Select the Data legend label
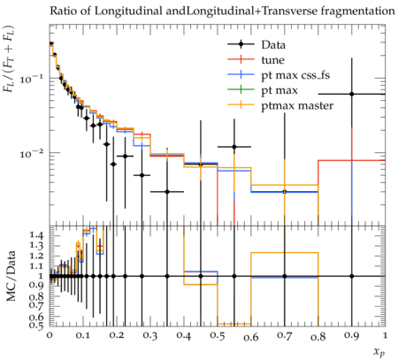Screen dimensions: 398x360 273,45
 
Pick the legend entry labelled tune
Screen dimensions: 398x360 272,60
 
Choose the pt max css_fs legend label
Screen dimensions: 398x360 295,75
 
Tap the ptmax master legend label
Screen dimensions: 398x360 297,105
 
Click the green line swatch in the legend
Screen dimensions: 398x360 241,89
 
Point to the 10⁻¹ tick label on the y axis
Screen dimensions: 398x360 32,79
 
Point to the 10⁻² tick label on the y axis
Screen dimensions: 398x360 32,153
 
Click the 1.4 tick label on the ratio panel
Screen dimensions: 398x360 36,235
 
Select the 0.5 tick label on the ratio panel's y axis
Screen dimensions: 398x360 36,326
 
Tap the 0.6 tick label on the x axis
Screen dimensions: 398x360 251,337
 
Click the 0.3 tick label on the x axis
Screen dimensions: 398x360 150,336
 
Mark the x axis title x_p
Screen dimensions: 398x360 379,352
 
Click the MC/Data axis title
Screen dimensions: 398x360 11,276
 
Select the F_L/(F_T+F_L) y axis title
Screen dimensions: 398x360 9,59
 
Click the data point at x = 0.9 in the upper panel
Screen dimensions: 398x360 352,94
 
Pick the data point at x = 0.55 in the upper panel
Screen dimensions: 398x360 234,147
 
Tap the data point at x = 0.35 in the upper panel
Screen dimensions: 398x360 167,192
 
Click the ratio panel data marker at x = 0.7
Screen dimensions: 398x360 285,276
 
